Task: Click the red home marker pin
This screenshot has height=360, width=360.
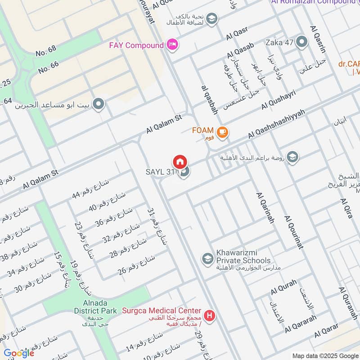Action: [x=180, y=162]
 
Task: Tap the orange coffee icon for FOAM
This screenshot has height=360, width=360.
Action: [x=222, y=132]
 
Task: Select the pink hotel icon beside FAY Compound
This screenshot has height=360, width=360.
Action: [x=172, y=45]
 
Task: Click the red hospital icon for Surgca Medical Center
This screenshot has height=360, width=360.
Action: [x=209, y=315]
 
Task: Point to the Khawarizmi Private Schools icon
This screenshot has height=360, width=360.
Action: [x=207, y=258]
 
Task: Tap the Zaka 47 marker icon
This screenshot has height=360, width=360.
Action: [x=302, y=43]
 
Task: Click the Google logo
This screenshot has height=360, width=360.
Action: [x=19, y=353]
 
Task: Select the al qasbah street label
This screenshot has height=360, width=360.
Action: [x=209, y=99]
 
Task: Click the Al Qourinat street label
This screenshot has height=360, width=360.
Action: [x=294, y=232]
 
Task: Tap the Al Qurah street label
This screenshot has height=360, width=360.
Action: [x=283, y=288]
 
